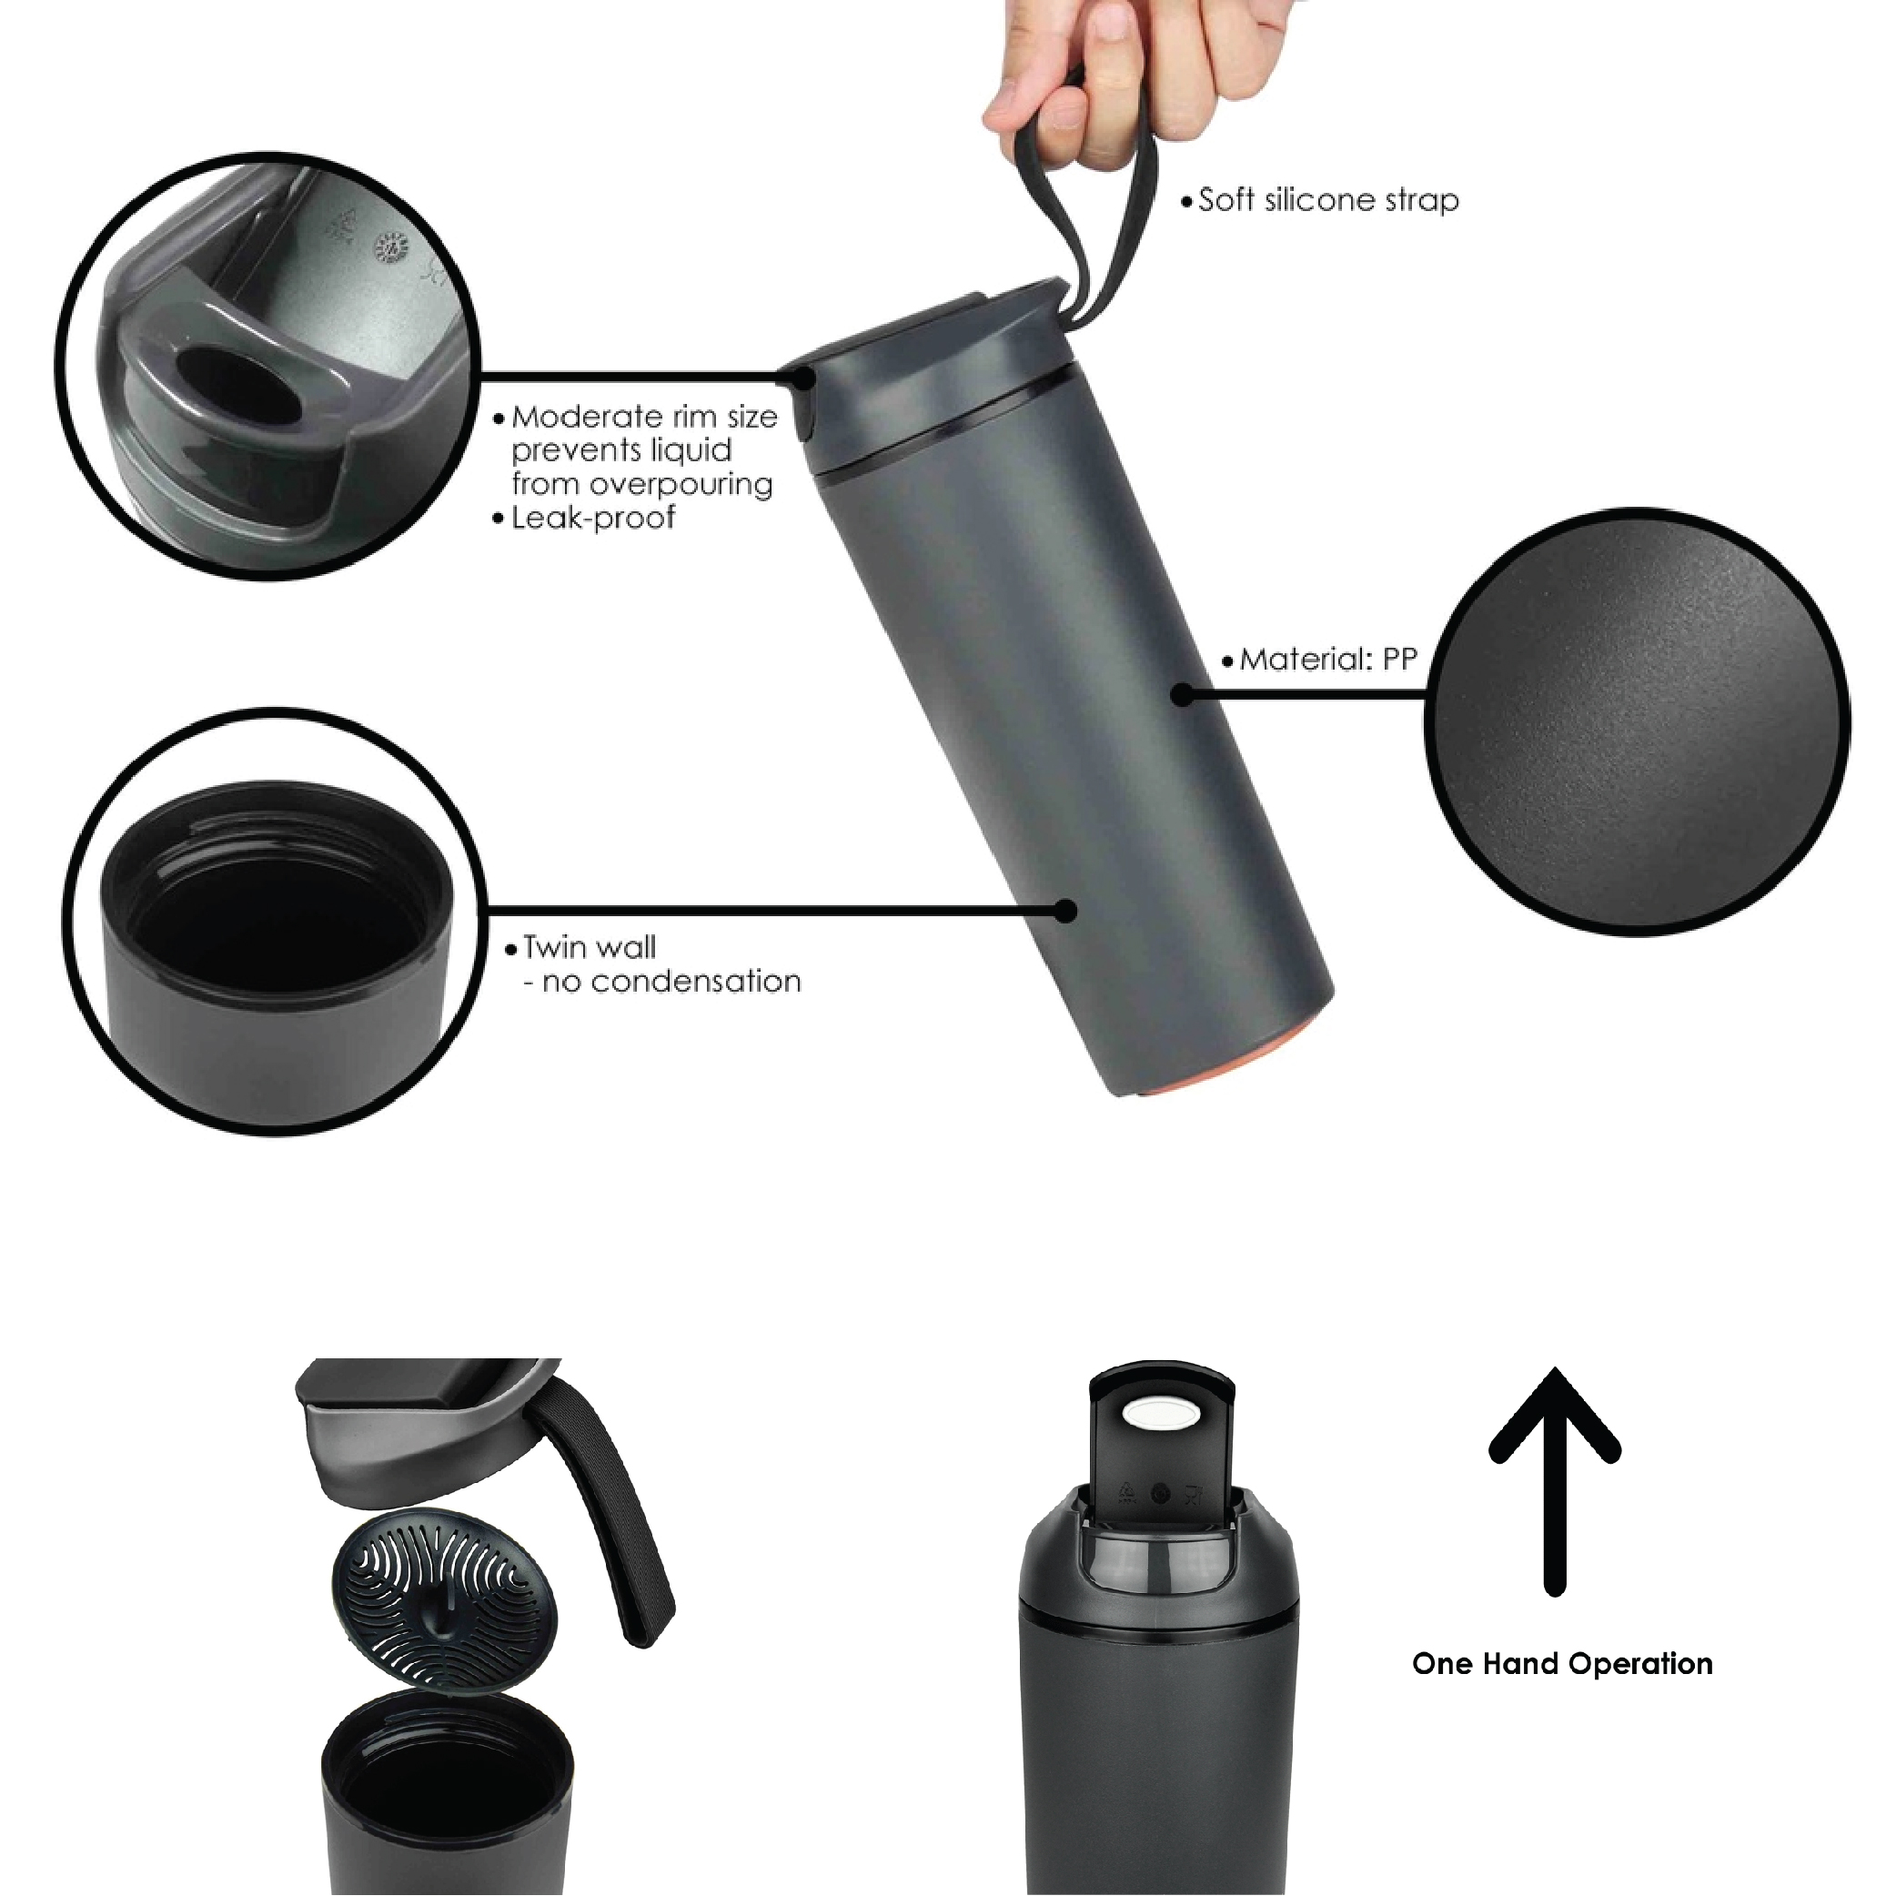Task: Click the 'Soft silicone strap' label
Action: pos(1327,200)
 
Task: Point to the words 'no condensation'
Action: pos(671,982)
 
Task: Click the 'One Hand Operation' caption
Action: pos(1562,1663)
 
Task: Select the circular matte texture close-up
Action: pos(1637,721)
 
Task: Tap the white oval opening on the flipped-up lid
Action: pos(1161,1414)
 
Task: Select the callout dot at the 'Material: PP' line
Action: pos(1184,695)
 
